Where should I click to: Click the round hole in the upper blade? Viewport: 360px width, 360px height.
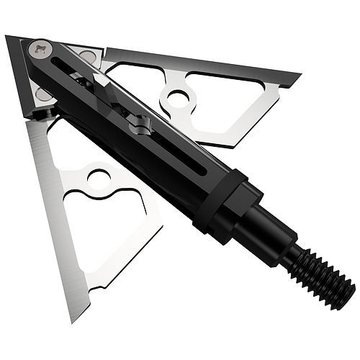(178, 99)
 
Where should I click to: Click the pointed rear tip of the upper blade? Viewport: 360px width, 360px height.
(298, 75)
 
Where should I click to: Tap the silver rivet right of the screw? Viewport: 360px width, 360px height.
(88, 57)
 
